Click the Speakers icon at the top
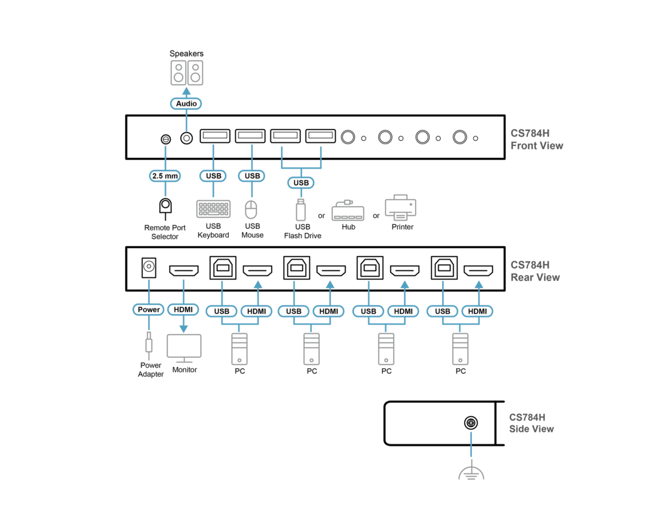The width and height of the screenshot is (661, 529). [186, 73]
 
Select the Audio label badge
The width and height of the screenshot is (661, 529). [186, 104]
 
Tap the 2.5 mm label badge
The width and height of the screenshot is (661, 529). [165, 176]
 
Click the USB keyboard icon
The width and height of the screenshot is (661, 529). [214, 209]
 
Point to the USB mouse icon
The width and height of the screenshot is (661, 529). [251, 210]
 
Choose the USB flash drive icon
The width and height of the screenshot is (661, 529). [301, 209]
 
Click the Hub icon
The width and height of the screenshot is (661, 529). [348, 210]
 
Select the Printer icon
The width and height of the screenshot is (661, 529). [401, 208]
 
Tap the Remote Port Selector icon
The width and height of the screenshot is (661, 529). [165, 207]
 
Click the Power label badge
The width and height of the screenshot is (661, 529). [149, 309]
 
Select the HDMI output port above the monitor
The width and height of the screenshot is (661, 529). [184, 270]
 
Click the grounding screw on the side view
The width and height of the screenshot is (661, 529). [471, 423]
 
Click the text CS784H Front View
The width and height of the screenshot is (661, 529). [537, 139]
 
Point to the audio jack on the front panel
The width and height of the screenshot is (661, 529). [187, 138]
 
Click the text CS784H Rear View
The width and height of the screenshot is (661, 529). [535, 270]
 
